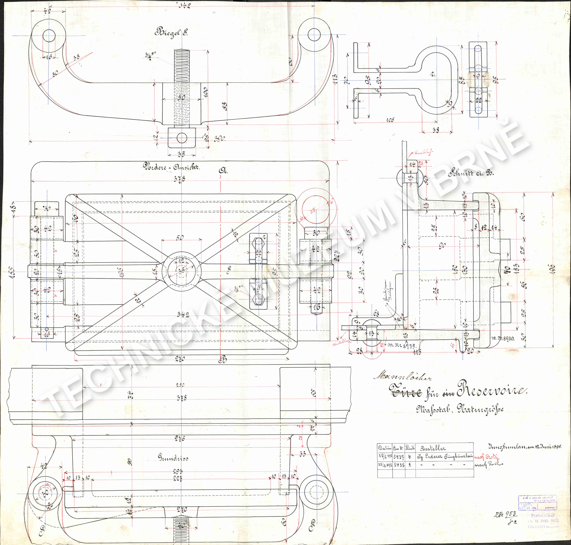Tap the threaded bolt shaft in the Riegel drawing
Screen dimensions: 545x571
pos(182,87)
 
